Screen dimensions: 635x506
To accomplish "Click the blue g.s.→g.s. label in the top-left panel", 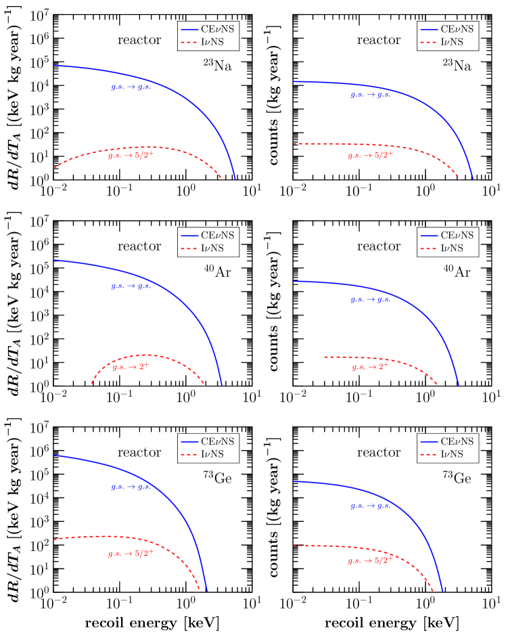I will (x=131, y=87).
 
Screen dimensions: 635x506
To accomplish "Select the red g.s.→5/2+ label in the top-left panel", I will (x=131, y=155).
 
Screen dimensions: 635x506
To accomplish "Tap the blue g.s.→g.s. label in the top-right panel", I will (x=371, y=95).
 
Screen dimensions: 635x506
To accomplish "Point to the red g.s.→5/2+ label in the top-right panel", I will (x=371, y=155).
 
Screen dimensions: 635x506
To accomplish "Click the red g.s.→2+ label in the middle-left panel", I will (x=131, y=366).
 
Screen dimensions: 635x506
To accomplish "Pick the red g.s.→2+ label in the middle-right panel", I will (x=371, y=366).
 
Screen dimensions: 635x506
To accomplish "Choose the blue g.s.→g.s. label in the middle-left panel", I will (x=131, y=286).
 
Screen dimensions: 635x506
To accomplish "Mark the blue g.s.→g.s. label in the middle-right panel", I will (x=371, y=299).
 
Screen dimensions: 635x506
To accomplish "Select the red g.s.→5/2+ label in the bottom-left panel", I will (x=131, y=553).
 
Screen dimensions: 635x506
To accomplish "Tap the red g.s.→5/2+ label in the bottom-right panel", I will (x=371, y=560).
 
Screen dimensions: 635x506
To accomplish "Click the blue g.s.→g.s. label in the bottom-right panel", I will (x=371, y=506).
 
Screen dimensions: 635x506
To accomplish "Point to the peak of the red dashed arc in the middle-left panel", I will (x=145, y=355).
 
